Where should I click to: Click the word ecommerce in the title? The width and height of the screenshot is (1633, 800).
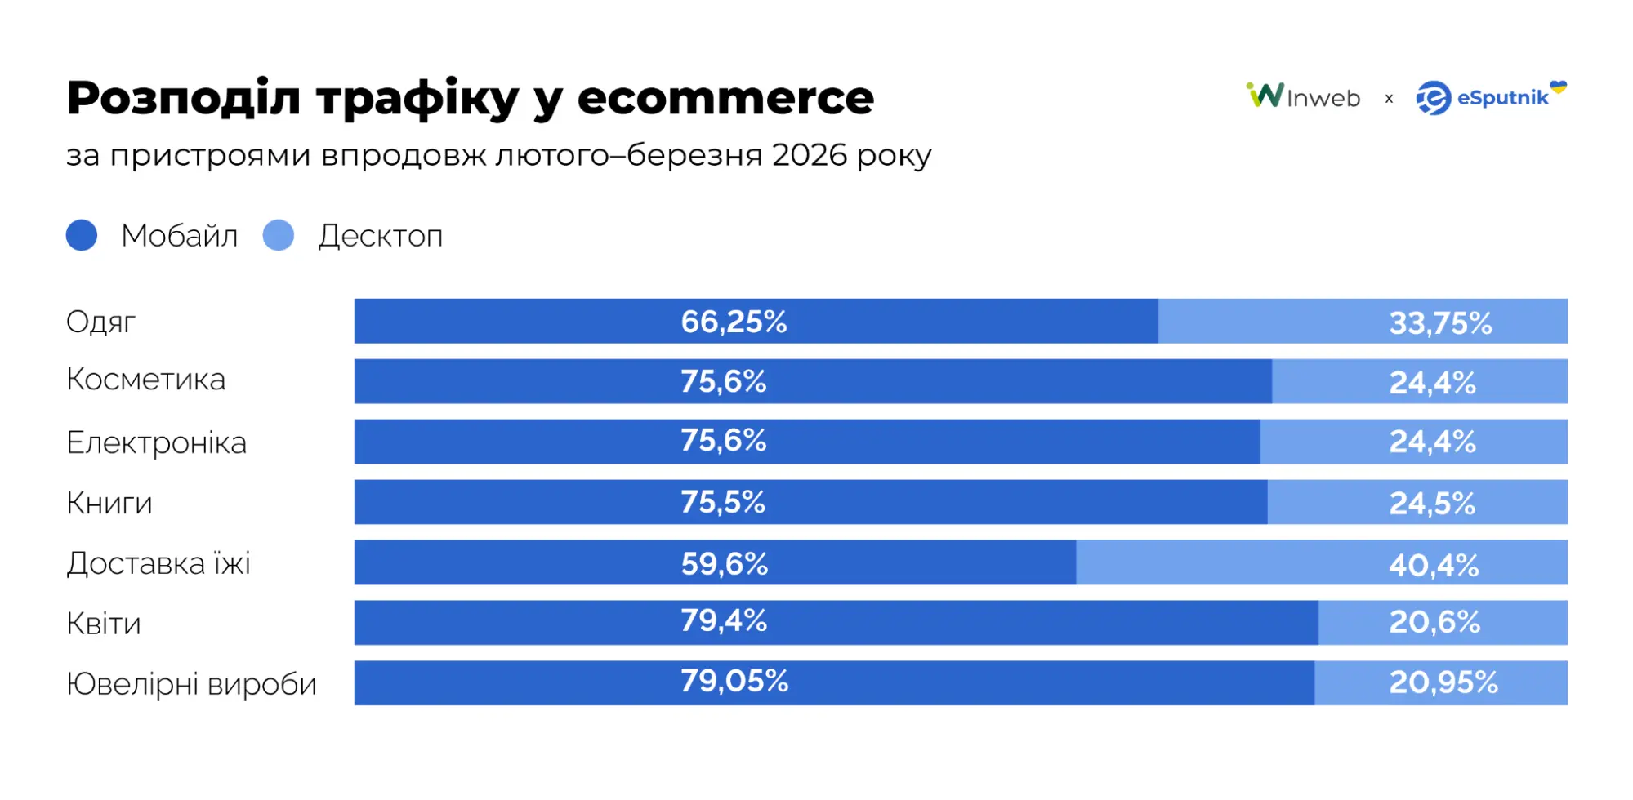725,98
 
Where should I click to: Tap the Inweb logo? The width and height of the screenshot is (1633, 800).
1303,96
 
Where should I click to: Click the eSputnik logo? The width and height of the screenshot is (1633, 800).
1490,97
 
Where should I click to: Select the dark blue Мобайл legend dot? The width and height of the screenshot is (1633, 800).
82,235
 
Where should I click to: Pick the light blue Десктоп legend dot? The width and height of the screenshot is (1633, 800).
279,235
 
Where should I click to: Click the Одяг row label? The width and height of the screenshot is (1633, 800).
100,322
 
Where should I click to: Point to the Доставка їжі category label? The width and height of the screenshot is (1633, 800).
158,563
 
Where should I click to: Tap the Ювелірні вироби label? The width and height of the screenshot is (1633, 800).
191,684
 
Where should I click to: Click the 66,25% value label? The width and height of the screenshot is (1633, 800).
734,322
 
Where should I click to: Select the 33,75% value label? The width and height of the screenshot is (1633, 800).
1440,323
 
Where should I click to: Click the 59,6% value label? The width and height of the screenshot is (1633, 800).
725,563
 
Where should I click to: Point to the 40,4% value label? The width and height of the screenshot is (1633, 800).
1434,565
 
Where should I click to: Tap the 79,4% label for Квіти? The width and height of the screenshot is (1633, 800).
724,620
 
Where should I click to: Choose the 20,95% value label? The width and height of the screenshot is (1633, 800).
1443,682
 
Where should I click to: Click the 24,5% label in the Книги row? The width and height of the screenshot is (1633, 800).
1432,504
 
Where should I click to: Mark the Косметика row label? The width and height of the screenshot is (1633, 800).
145,380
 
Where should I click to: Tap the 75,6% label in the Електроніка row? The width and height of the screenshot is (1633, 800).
724,441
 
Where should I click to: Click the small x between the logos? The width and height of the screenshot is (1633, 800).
1389,99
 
